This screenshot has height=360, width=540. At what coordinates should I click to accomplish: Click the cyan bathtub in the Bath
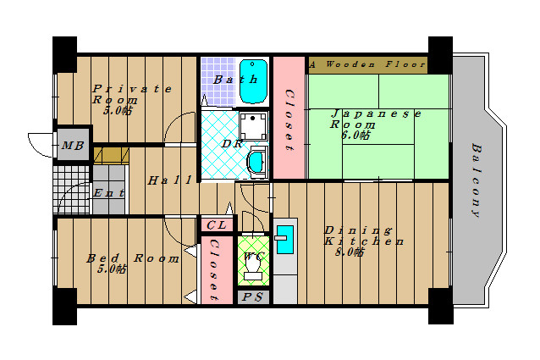click(x=253, y=81)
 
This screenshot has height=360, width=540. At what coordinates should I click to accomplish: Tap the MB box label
click(x=73, y=146)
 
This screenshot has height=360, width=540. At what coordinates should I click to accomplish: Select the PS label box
click(x=253, y=297)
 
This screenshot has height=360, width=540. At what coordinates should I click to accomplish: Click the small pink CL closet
click(x=217, y=225)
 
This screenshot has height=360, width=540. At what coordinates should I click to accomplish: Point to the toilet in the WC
click(x=253, y=267)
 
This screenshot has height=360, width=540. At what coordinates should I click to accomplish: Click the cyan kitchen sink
click(x=284, y=240)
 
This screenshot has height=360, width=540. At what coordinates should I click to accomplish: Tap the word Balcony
click(x=477, y=180)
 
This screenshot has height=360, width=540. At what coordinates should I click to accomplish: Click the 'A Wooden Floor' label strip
click(x=368, y=65)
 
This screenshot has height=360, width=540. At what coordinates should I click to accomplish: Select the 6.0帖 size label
click(x=356, y=135)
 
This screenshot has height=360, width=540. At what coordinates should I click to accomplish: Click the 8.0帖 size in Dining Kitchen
click(x=350, y=252)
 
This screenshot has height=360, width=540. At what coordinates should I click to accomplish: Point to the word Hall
click(x=169, y=180)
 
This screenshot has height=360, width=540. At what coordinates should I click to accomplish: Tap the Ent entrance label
click(x=109, y=193)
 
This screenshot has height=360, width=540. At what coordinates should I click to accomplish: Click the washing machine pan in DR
click(x=253, y=125)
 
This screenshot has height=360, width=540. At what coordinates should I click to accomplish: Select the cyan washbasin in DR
click(x=256, y=162)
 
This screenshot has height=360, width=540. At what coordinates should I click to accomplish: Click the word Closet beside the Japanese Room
click(x=289, y=119)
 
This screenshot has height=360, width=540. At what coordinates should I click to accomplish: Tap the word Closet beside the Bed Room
click(x=214, y=269)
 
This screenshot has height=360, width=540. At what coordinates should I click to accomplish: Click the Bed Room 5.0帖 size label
click(x=112, y=269)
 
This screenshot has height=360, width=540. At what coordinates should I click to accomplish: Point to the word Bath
click(x=235, y=80)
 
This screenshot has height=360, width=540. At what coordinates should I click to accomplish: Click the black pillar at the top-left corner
click(x=64, y=54)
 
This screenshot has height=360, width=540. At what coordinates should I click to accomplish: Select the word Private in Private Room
click(x=132, y=89)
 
